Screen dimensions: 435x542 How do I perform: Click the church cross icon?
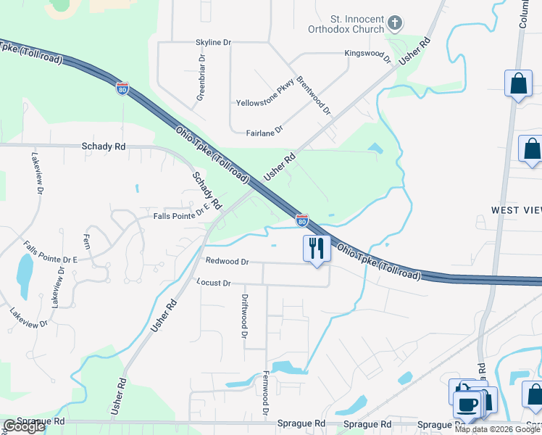click(x=395, y=24)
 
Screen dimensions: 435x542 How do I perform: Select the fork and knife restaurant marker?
click(x=316, y=249)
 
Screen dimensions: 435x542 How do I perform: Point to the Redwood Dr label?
click(x=227, y=261)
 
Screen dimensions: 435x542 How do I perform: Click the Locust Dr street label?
click(x=213, y=282)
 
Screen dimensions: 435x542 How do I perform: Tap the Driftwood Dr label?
click(x=245, y=316)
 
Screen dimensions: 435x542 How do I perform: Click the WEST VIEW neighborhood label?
click(x=516, y=210)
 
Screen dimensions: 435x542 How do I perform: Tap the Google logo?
click(x=23, y=426)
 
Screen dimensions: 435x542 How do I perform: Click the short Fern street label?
click(x=87, y=241)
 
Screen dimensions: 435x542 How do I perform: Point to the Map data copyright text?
click(x=496, y=429)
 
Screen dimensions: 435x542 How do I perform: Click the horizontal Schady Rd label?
click(x=104, y=146)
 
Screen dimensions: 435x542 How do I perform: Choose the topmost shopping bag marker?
click(x=519, y=83)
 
